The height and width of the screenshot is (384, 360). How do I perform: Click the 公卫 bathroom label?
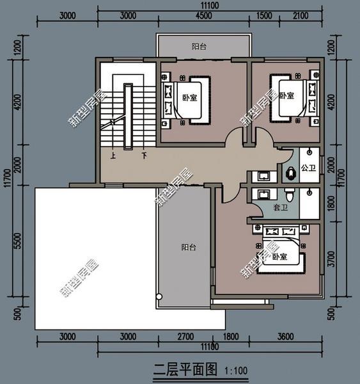308,168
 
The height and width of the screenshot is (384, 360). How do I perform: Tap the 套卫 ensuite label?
280,207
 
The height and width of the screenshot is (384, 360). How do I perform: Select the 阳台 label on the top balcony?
199,46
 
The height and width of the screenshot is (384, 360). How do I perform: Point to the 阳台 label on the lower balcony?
189,247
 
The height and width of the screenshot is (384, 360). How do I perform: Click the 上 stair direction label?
113,156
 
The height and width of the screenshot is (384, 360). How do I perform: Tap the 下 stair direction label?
145,156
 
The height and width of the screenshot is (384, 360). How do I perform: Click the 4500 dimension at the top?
203,15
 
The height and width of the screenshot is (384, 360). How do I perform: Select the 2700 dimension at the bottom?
185,337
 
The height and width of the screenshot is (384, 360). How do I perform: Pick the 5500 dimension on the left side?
18,241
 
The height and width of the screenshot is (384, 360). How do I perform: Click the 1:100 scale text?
236,371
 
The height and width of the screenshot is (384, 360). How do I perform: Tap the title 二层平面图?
185,369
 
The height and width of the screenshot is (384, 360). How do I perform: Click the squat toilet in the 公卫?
290,173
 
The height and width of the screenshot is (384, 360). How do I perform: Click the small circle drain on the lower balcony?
159,296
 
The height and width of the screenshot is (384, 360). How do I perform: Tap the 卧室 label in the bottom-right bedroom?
279,257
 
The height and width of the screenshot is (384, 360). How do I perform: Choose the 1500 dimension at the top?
264,15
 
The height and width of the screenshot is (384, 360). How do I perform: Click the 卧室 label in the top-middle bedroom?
190,98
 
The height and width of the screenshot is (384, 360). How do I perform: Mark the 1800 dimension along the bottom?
231,337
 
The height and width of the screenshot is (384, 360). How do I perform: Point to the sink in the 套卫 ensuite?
263,195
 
